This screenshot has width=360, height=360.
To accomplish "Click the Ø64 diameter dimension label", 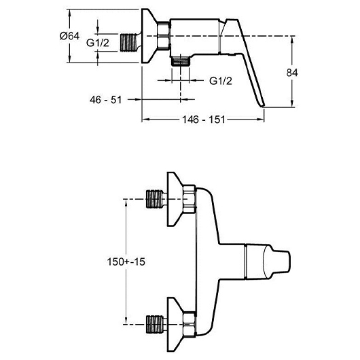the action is pyautogui.click(x=69, y=36).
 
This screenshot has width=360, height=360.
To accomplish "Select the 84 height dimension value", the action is pyautogui.click(x=292, y=73).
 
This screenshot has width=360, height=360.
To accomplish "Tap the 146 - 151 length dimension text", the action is pyautogui.click(x=203, y=120).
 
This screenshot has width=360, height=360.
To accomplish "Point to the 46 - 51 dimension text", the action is pyautogui.click(x=105, y=100).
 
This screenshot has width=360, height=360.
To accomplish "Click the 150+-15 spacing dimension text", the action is pyautogui.click(x=126, y=262).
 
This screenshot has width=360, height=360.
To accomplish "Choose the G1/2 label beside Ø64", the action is pyautogui.click(x=98, y=43).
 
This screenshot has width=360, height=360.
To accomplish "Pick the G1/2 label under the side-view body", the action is pyautogui.click(x=221, y=81).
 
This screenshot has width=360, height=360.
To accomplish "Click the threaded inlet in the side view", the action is pyautogui.click(x=128, y=43).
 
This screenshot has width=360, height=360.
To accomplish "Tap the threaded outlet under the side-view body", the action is pyautogui.click(x=181, y=61).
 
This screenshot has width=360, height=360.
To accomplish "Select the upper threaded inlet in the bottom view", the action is pyautogui.click(x=155, y=199).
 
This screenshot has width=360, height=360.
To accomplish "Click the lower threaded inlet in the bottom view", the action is pyautogui.click(x=155, y=324).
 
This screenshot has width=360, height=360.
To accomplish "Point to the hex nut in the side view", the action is pyautogui.click(x=164, y=36).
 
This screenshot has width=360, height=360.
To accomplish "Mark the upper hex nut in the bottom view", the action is pyautogui.click(x=190, y=199).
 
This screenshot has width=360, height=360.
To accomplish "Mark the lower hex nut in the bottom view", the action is pyautogui.click(x=190, y=324).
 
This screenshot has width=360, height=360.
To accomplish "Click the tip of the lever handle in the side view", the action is pyautogui.click(x=262, y=106).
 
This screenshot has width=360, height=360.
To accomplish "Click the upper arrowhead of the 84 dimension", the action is pyautogui.click(x=292, y=39).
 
